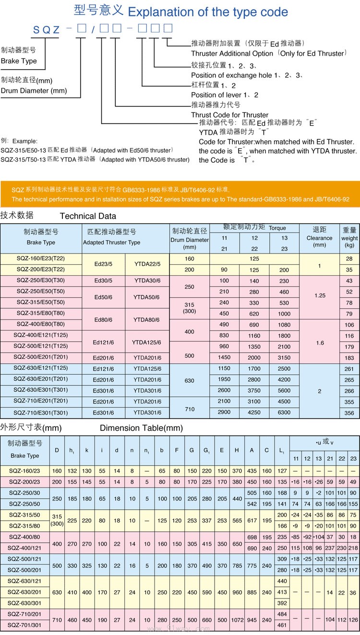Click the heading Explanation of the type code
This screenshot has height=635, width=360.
click(x=208, y=12)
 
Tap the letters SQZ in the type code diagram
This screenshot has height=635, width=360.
click(x=46, y=30)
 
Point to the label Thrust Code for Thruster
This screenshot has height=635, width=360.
click(x=229, y=115)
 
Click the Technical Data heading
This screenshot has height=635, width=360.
click(x=88, y=216)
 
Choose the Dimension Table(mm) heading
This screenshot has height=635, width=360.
click(x=141, y=428)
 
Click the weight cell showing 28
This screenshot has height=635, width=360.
click(x=349, y=259)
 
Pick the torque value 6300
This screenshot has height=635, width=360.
click(x=284, y=413)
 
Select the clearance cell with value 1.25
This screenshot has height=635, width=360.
click(x=320, y=295)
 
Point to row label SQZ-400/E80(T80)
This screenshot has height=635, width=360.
click(x=41, y=324)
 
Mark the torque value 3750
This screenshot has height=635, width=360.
click(x=254, y=391)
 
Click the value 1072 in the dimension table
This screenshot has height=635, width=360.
click(x=237, y=620)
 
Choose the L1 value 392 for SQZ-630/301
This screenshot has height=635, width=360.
click(x=282, y=603)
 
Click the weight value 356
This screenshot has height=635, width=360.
click(x=349, y=413)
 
